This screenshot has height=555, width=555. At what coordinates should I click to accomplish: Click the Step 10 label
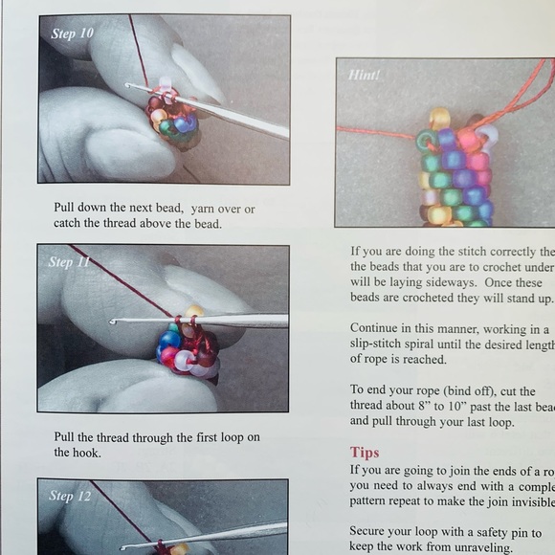point(73,33)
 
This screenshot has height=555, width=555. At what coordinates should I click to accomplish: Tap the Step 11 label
point(74,262)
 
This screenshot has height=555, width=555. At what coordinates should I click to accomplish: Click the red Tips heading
point(365,453)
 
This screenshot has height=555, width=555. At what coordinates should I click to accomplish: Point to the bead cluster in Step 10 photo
point(172,120)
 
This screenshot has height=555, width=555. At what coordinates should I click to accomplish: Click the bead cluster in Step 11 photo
point(187,344)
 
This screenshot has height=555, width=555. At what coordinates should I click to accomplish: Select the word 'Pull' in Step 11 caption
point(66,436)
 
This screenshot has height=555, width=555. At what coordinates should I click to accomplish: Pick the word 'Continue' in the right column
point(375,328)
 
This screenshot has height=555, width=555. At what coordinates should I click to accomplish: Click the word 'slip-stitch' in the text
point(381,344)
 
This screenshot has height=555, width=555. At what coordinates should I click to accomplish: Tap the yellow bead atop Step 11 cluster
point(195,311)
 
